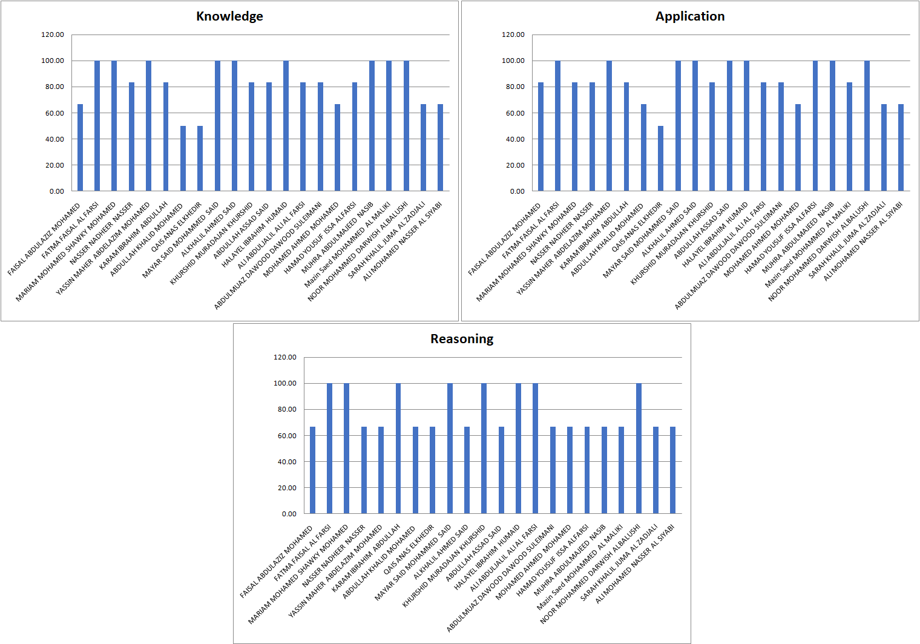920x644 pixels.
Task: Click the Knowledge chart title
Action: pyautogui.click(x=229, y=16)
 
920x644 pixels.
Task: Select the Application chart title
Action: pyautogui.click(x=690, y=16)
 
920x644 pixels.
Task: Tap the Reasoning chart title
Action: pyautogui.click(x=462, y=339)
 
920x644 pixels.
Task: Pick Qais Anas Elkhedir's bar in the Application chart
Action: pyautogui.click(x=661, y=159)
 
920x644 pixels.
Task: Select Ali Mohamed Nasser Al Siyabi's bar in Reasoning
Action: pyautogui.click(x=672, y=470)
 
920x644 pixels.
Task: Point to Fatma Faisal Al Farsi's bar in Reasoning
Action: pyautogui.click(x=330, y=448)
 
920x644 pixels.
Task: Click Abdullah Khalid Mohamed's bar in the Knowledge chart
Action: pyautogui.click(x=183, y=159)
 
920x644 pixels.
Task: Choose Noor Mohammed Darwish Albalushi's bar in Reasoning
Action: pyautogui.click(x=639, y=448)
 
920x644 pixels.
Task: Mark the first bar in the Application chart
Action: pyautogui.click(x=540, y=137)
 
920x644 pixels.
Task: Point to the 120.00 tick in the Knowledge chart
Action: pyautogui.click(x=53, y=34)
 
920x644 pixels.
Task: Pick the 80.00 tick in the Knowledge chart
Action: pyautogui.click(x=53, y=87)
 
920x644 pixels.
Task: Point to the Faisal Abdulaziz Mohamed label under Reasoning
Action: pyautogui.click(x=277, y=562)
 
